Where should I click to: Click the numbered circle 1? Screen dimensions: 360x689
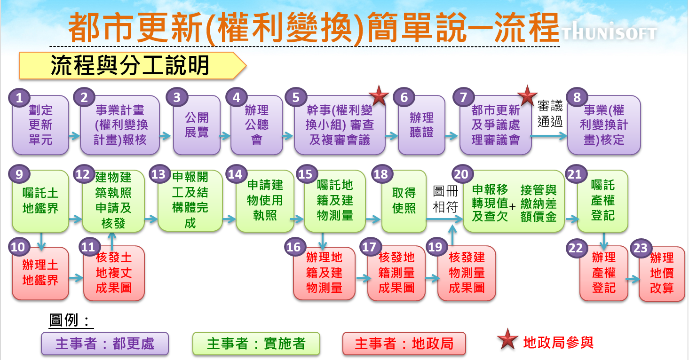pos(19,98)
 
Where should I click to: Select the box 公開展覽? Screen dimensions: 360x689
pos(197,125)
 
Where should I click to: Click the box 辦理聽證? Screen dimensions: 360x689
pos(421,125)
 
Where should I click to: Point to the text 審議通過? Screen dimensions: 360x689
pos(550,114)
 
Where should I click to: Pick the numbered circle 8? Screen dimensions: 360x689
pos(577,98)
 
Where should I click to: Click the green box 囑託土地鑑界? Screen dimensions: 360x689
pos(40,201)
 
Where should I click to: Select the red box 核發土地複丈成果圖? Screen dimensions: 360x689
pos(114,274)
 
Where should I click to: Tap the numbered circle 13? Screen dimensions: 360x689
pos(158,174)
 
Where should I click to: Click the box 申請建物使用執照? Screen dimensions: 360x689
pos(265,201)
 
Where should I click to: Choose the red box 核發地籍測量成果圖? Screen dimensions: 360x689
pos(396,274)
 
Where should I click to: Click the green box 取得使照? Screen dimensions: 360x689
pos(404,201)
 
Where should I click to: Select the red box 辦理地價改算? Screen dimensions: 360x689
pos(661,274)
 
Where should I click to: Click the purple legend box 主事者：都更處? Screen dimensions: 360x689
pos(104,344)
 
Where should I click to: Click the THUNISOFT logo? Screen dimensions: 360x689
pos(609,33)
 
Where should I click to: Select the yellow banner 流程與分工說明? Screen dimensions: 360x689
pos(132,66)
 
